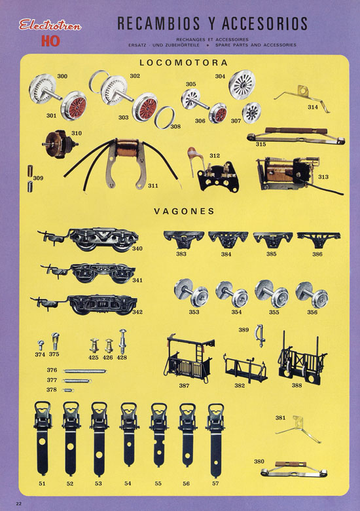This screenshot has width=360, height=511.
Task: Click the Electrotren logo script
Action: click(50, 25)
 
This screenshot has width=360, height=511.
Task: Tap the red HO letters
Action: click(50, 41)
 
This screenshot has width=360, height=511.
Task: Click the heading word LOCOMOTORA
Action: click(183, 63)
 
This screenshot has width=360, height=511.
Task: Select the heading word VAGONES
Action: click(184, 211)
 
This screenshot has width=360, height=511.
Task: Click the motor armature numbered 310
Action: click(60, 144)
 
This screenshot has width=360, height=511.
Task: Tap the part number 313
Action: click(323, 177)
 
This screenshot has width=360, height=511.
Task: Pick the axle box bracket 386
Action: click(319, 239)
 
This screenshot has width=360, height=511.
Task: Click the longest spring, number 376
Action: click(85, 371)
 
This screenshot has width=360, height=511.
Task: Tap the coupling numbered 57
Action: click(215, 440)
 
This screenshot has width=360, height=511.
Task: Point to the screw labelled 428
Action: click(122, 341)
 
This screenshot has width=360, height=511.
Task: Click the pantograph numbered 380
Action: click(294, 469)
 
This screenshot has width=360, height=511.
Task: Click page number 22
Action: click(18, 504)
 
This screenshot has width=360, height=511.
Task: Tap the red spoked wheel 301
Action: click(74, 105)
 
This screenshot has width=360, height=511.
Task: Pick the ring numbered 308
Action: click(165, 117)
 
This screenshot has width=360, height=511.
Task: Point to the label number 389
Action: click(243, 330)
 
